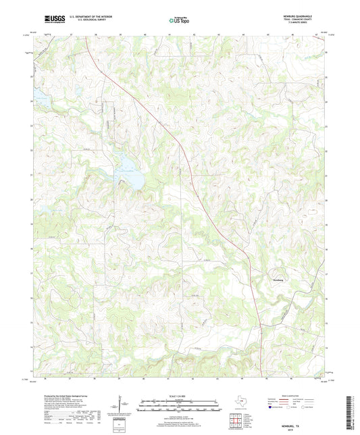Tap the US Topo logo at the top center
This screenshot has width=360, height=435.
(x=179, y=20)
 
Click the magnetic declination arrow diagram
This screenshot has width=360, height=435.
(x=122, y=407)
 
